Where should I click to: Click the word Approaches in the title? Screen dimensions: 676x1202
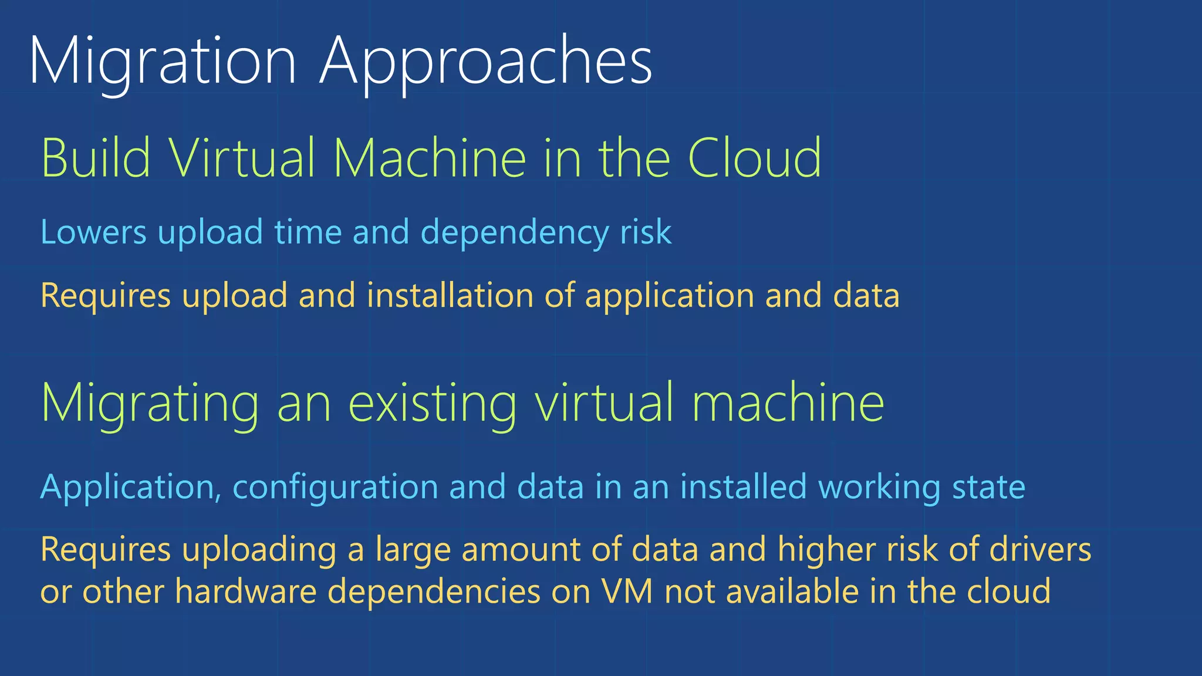click(x=486, y=62)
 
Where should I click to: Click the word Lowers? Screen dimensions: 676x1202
click(x=93, y=232)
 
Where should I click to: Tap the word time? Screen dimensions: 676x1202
click(x=308, y=232)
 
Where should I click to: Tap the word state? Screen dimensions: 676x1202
click(x=988, y=488)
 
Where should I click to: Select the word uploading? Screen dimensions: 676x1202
click(x=259, y=550)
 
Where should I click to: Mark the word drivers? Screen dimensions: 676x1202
click(x=1040, y=550)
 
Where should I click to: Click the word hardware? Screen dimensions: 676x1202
click(x=246, y=591)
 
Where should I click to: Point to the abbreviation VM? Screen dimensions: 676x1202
click(x=627, y=591)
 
